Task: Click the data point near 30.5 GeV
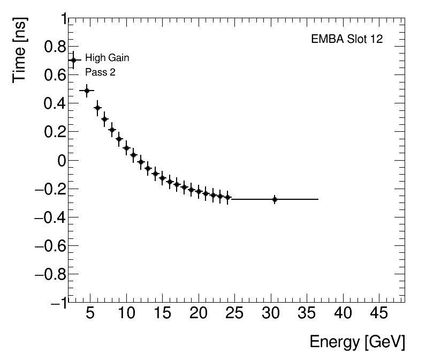[x=275, y=199]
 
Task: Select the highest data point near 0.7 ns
[x=73, y=60]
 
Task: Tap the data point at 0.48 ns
[x=87, y=91]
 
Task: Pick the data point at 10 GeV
[x=126, y=148]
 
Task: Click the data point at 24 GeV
[x=227, y=197]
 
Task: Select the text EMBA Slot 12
[x=347, y=40]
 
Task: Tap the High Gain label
[x=107, y=58]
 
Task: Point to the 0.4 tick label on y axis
[x=51, y=104]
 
